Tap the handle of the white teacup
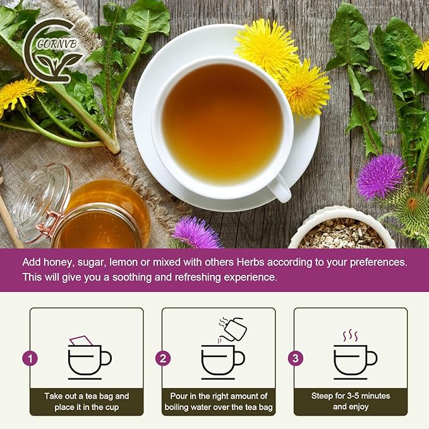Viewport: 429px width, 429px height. coord(278,187)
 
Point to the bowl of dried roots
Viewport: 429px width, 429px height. coord(342,231)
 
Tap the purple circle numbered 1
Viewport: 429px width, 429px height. coord(30,359)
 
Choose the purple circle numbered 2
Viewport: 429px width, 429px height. coord(163,359)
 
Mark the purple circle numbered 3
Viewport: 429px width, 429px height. coord(295,359)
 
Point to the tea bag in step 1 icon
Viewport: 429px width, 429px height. coord(81,341)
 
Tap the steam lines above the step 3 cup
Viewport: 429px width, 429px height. coord(350,335)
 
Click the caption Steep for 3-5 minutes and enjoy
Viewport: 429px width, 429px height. coord(351,402)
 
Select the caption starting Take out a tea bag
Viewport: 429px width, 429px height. coord(87,402)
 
